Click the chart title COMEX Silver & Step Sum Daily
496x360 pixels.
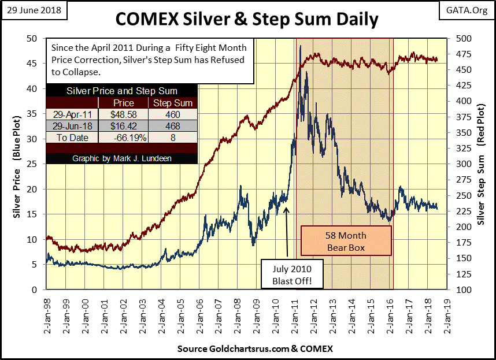tap(247, 19)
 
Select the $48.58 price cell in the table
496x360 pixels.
tap(123, 115)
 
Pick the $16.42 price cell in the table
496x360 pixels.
tap(123, 126)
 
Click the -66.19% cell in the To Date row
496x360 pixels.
tap(123, 138)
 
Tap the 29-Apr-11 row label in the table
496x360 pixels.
tap(71, 115)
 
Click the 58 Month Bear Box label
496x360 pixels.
tap(346, 242)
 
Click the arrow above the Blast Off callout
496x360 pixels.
tap(287, 232)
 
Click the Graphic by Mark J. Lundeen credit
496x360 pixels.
tap(121, 158)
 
